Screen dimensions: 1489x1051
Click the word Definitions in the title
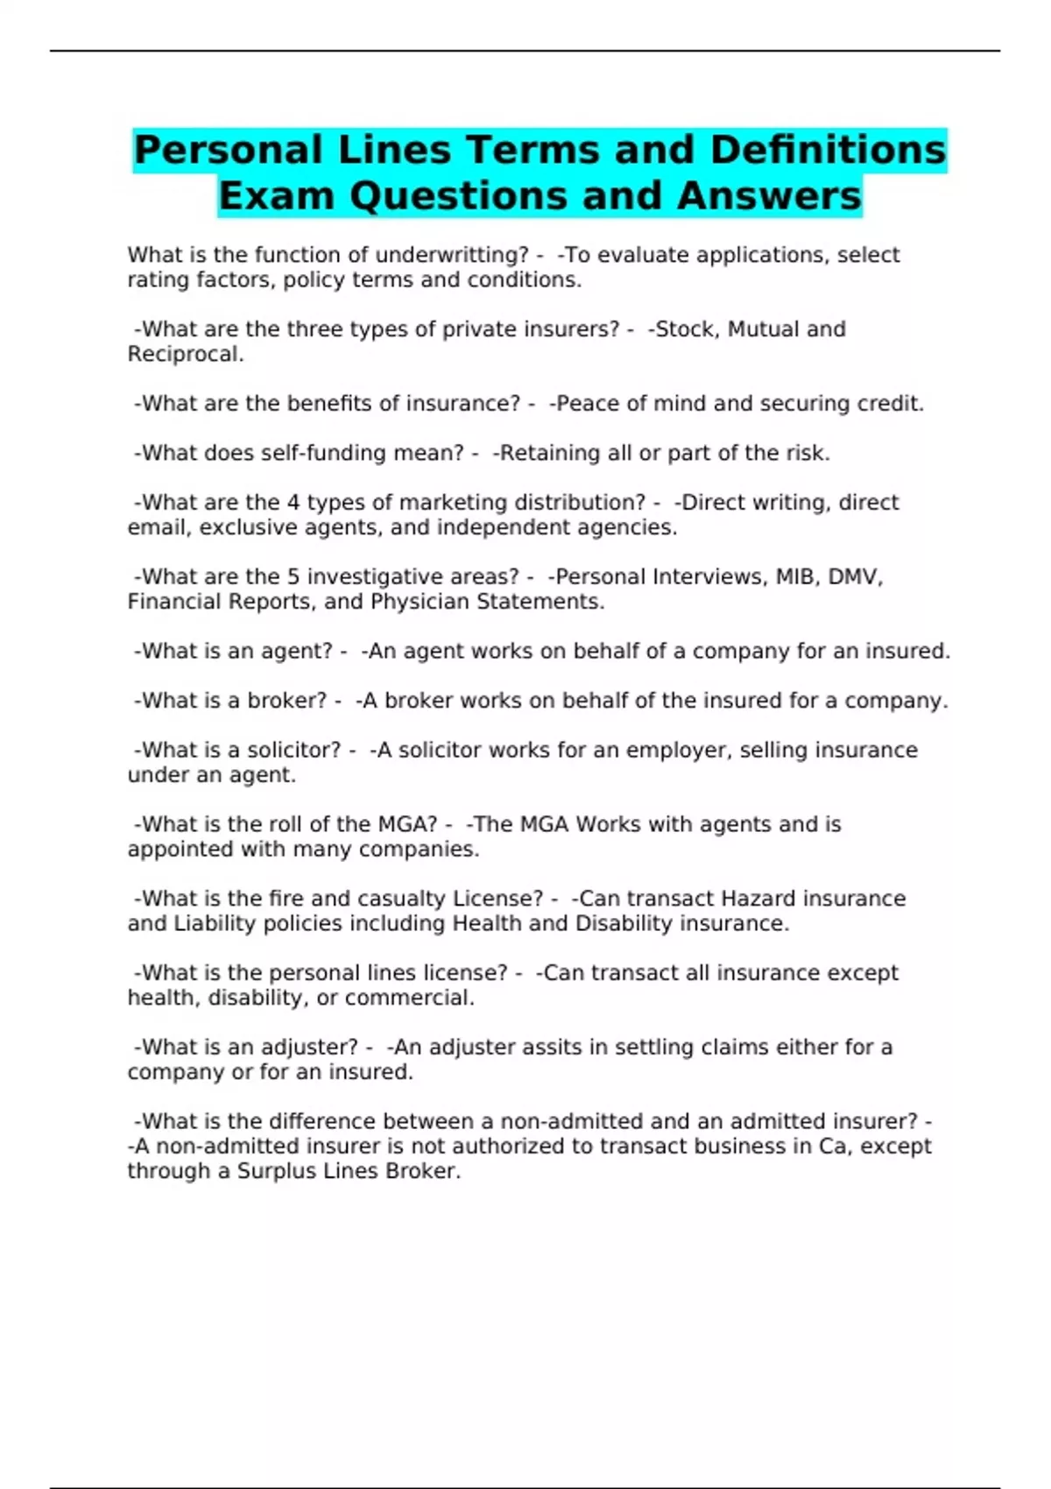[x=828, y=150]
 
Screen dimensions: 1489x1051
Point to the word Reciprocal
[x=185, y=355]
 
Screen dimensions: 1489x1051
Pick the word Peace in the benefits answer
[x=587, y=404]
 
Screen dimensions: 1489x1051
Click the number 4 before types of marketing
[x=293, y=503]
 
